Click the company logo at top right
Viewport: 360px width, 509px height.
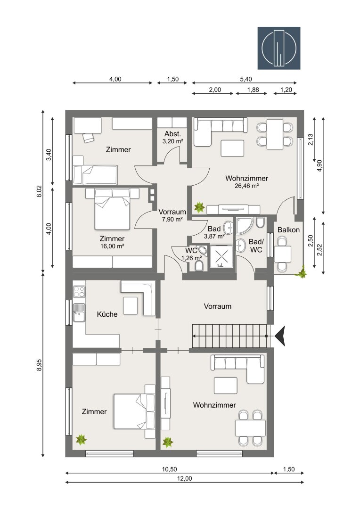tap(279, 48)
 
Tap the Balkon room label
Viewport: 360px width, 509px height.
tap(288, 230)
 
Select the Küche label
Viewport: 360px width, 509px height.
tap(107, 314)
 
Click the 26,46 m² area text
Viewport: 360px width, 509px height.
tap(246, 186)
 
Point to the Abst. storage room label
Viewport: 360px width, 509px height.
tap(172, 134)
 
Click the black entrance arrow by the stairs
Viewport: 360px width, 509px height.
tap(280, 336)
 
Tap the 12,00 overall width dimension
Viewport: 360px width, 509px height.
tap(184, 478)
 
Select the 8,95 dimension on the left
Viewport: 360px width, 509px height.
tap(39, 365)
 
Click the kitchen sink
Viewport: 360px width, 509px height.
tap(79, 312)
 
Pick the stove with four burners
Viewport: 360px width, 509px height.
tap(79, 292)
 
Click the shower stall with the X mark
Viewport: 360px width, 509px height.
tap(221, 256)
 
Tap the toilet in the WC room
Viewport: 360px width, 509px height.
tap(199, 266)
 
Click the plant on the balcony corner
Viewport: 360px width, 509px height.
tap(302, 272)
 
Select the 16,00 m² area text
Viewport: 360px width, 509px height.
tap(112, 246)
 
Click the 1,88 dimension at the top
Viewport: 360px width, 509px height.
tap(253, 90)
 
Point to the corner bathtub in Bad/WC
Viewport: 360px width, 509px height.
tap(244, 225)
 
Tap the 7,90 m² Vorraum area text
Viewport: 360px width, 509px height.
tap(172, 219)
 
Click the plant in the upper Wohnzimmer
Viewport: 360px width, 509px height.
tap(198, 207)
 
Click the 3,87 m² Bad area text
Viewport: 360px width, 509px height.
tap(214, 236)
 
